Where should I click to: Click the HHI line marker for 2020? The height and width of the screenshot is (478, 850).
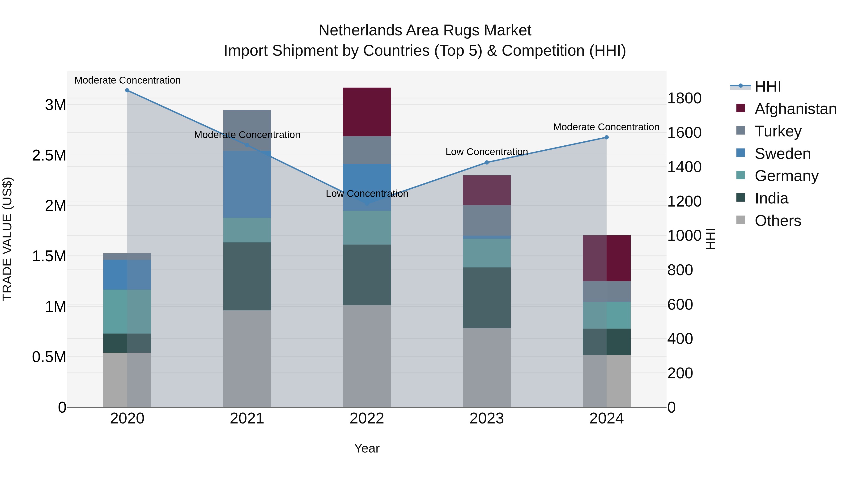coord(127,90)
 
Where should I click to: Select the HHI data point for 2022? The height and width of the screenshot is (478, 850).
coord(367,204)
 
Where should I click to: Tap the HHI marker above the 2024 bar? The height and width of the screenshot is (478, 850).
coord(607,137)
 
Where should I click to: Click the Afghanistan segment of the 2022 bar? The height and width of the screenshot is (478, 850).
coord(367,112)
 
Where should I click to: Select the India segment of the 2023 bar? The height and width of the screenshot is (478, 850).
coord(487,298)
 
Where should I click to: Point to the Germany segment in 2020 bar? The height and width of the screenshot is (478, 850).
coord(127,311)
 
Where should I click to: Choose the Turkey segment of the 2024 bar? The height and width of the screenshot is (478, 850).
coord(607,292)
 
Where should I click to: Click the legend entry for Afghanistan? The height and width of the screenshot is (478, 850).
coord(795,109)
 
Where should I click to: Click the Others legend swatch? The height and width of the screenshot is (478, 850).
coord(741,220)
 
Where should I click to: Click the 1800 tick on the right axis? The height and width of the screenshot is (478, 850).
coord(684,98)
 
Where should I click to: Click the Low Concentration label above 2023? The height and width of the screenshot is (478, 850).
coord(487,152)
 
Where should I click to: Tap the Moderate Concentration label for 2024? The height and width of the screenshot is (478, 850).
coord(606,127)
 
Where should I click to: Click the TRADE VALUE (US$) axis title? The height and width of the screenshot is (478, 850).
coord(7,239)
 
